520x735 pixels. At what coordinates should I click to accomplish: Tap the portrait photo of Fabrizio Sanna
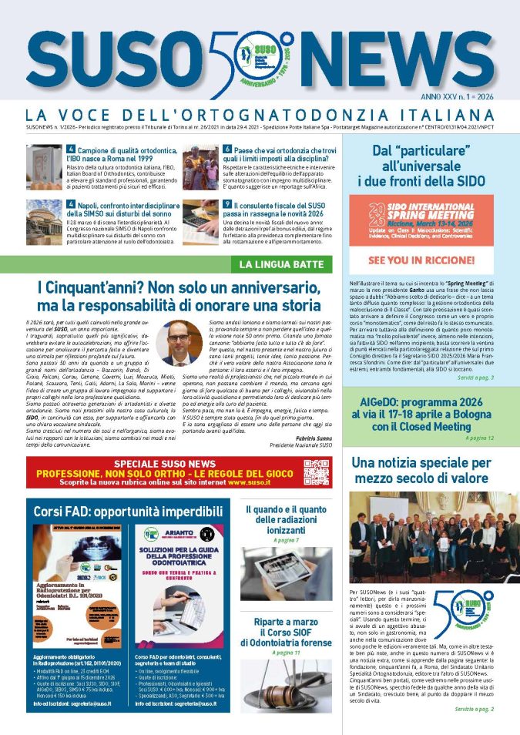[x=179, y=342]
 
